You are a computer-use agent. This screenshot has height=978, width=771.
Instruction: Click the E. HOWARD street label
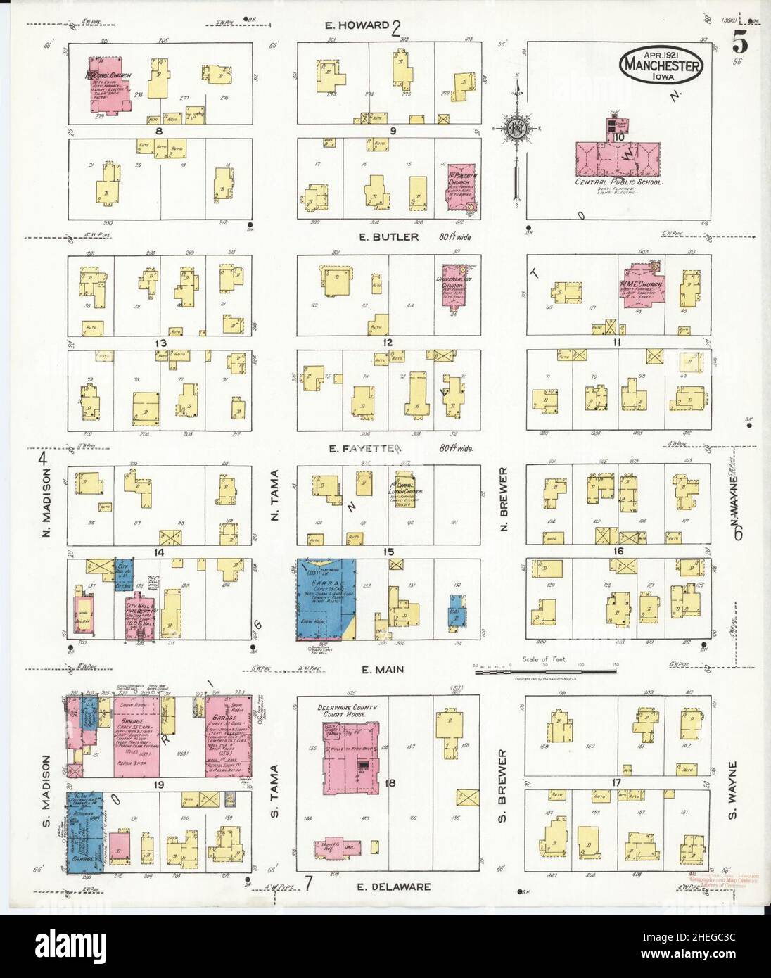357,26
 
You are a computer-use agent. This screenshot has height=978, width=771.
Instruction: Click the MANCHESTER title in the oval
661,67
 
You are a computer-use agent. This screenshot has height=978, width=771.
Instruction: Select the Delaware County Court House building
351,756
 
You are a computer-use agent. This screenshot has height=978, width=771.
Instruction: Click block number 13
161,343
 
